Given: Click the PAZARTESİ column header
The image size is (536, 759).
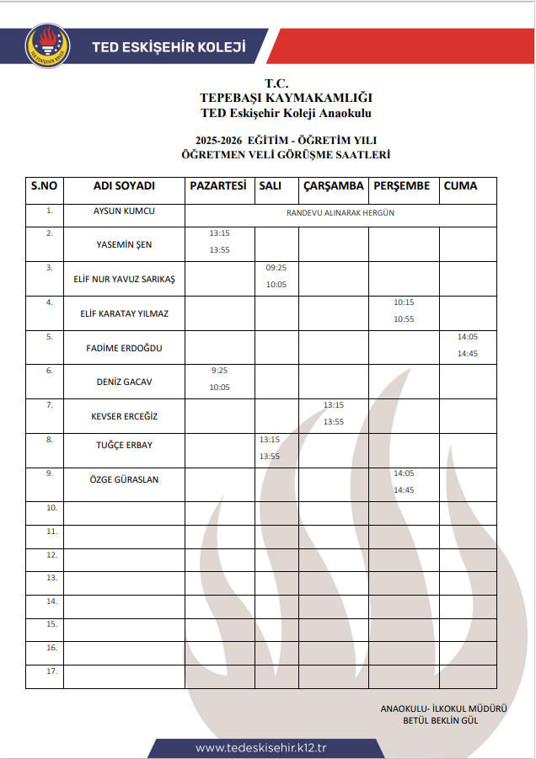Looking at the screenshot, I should (218, 186).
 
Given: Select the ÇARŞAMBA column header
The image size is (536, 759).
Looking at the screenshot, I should (333, 186).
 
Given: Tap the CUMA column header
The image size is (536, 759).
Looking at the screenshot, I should (460, 186).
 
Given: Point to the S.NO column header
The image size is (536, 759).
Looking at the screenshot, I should (44, 186).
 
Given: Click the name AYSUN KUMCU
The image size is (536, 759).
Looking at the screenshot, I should (124, 211).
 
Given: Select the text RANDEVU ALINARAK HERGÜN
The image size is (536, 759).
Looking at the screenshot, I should (340, 213).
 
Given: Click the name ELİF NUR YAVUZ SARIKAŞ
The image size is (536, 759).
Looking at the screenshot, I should (124, 279).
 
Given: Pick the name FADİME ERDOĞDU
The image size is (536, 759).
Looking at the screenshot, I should (124, 348).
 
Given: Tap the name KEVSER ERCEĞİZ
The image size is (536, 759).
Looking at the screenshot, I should (124, 416).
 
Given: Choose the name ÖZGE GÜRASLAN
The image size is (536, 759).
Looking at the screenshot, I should (124, 479).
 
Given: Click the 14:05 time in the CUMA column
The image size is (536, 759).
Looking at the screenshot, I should (468, 336).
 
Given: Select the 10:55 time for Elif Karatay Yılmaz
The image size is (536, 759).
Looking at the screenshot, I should (404, 319).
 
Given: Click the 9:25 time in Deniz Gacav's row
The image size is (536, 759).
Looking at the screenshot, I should (218, 370).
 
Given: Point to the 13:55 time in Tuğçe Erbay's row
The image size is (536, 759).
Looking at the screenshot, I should (270, 457).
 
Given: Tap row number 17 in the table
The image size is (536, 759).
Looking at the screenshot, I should (51, 671).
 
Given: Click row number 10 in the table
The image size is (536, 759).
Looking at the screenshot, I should (51, 508).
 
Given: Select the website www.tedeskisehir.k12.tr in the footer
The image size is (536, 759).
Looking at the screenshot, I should (260, 748).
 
